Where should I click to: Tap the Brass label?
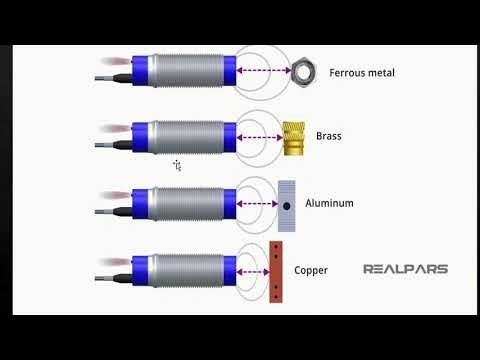click(x=328, y=137)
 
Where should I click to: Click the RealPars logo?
click(x=405, y=269)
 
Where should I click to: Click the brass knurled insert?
click(x=293, y=137)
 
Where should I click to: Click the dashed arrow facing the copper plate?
click(x=251, y=268)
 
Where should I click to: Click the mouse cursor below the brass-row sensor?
click(x=176, y=165)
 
